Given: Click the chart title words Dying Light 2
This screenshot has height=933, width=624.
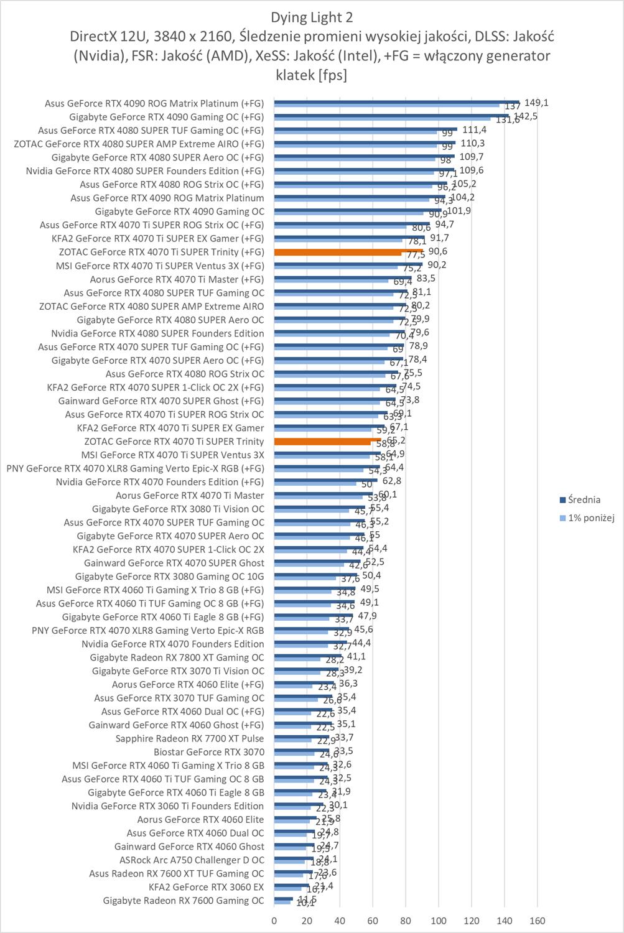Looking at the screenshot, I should [x=312, y=17].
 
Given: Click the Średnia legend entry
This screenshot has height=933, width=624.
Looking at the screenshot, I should [x=584, y=499].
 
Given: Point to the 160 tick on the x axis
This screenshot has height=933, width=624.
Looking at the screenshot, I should [x=538, y=921].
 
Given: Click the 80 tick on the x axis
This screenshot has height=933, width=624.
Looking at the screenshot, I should [x=406, y=921].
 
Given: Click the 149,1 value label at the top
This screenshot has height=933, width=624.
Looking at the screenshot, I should [x=536, y=103].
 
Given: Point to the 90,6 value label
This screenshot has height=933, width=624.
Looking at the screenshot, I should [x=437, y=251].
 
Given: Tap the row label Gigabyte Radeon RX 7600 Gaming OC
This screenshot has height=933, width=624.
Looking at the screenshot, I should [x=184, y=901].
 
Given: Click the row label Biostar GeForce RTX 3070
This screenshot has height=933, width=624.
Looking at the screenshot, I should [x=209, y=752].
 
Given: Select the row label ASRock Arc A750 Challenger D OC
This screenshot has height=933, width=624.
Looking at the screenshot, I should [x=192, y=860].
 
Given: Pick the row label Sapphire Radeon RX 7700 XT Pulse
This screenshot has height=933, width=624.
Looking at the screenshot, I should [x=190, y=738].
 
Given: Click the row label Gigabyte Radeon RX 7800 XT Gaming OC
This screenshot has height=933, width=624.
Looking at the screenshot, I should [x=177, y=657].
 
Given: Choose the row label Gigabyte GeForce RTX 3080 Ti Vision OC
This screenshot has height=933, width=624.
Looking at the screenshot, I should [x=178, y=509].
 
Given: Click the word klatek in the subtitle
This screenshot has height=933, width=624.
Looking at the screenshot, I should [x=295, y=75].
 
